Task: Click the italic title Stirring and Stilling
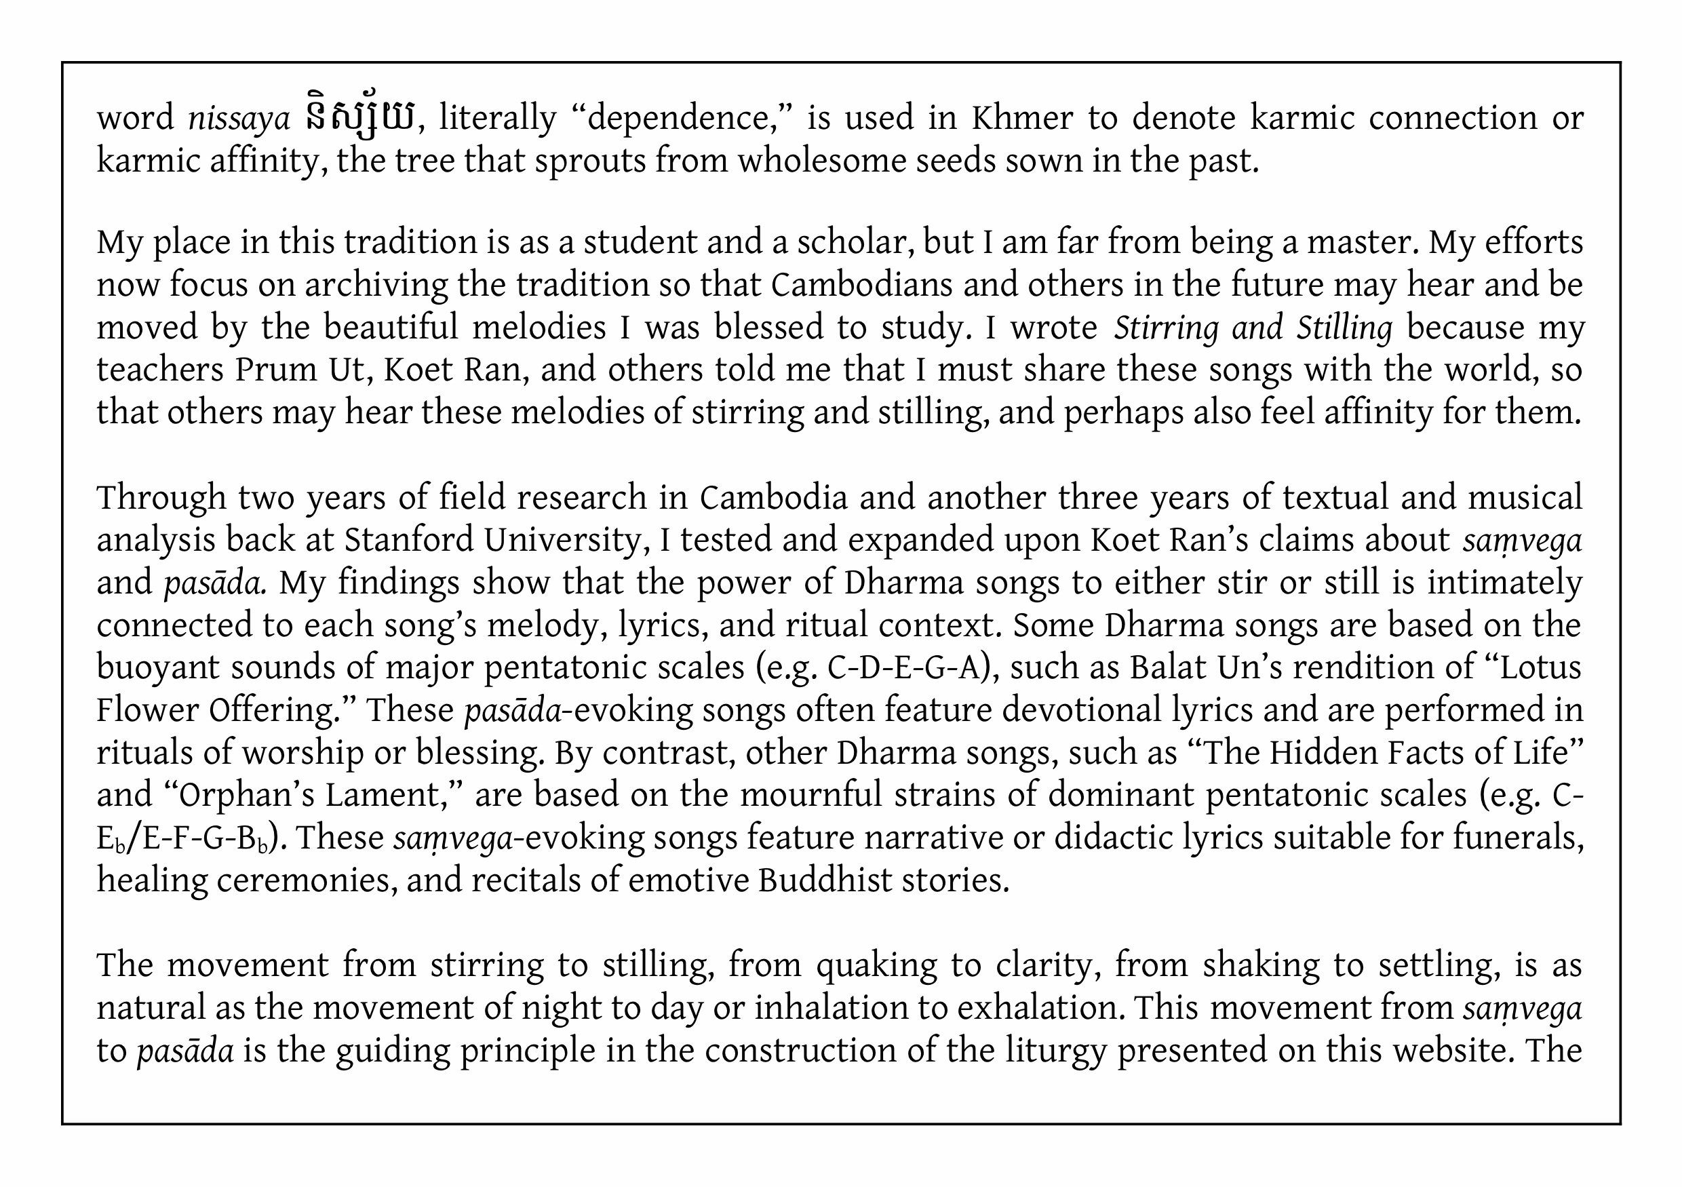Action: tap(1253, 328)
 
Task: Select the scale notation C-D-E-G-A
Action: tap(904, 667)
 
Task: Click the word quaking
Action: tap(876, 966)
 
